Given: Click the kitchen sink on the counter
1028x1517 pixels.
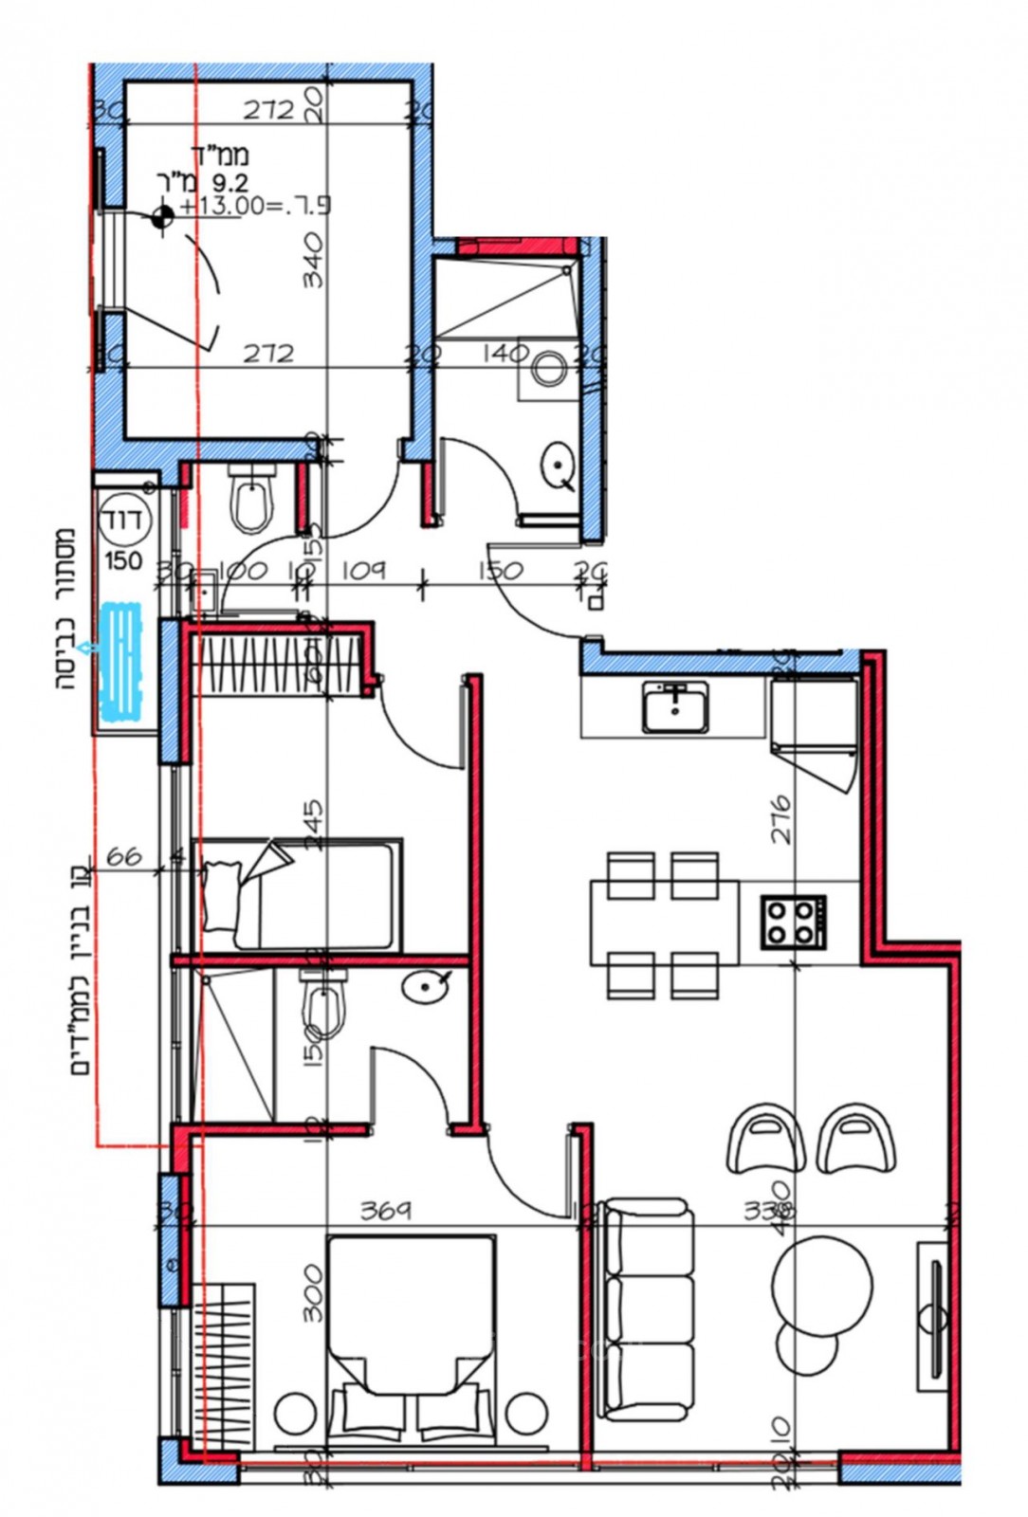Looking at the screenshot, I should click(x=674, y=707).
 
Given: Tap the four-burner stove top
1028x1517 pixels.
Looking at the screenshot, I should click(x=793, y=922).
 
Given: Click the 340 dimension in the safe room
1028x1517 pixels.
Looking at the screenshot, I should click(x=313, y=261).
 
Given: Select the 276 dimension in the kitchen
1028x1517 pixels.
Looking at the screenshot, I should click(x=780, y=820).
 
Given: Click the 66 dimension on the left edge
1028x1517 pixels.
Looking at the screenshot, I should click(x=123, y=855).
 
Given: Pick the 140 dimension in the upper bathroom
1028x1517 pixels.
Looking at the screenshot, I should click(x=505, y=353).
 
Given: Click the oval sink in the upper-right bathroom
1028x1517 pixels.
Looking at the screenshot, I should click(x=559, y=466).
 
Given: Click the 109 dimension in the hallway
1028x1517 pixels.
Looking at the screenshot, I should click(x=363, y=570).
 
